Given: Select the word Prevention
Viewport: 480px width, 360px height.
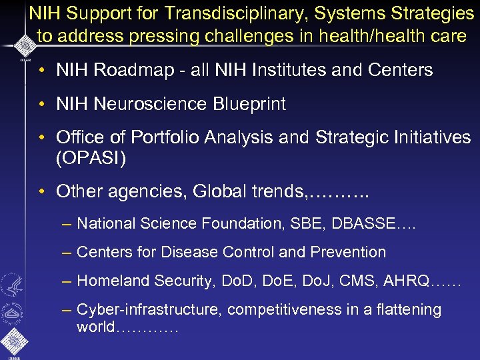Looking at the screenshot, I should click(x=350, y=253).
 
